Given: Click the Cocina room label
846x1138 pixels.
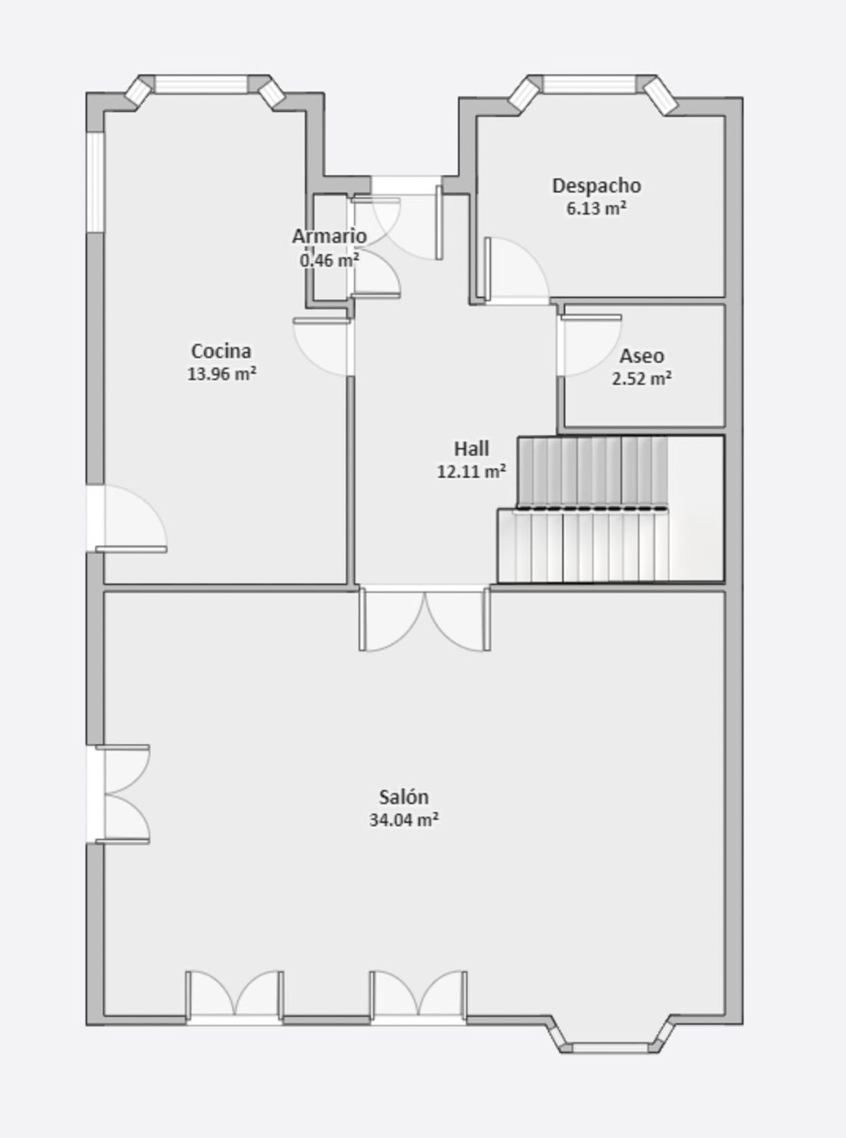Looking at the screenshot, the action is (x=221, y=351).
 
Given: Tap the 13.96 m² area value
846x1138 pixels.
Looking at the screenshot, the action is (x=222, y=373).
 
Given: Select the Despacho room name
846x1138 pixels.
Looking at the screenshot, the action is (x=596, y=186).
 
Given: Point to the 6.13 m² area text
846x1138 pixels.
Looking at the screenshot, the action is (x=596, y=208).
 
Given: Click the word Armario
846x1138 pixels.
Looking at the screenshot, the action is (x=329, y=236).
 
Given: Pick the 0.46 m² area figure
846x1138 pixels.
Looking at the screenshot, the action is (x=329, y=260).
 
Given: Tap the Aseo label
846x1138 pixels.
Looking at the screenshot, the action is (x=642, y=356).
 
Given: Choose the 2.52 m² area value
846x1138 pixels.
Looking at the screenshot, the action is (x=642, y=378).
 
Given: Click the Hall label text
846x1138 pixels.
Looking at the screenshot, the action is (x=472, y=449).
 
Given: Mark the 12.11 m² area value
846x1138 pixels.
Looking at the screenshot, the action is (x=472, y=471).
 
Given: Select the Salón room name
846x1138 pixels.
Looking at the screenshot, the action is (x=404, y=797).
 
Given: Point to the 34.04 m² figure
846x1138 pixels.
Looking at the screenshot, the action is (x=404, y=819).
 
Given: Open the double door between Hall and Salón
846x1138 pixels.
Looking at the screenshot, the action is (x=425, y=619).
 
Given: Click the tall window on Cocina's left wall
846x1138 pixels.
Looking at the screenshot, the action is (x=95, y=182).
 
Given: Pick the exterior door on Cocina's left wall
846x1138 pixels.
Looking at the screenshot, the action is (x=126, y=519).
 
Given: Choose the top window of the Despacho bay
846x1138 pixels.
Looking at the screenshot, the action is (x=590, y=84).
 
